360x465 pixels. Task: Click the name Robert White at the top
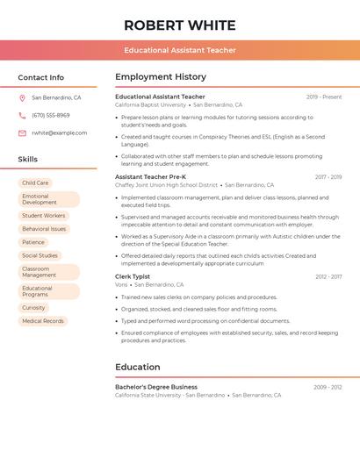pyautogui.click(x=180, y=25)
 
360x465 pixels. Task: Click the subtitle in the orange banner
pyautogui.click(x=180, y=50)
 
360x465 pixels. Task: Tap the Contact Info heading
pyautogui.click(x=41, y=77)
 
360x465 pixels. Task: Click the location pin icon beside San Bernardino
pyautogui.click(x=22, y=98)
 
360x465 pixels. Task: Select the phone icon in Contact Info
pyautogui.click(x=22, y=116)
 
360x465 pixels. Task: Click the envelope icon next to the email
pyautogui.click(x=22, y=133)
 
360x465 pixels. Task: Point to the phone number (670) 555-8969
pyautogui.click(x=50, y=116)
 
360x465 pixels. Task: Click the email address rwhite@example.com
pyautogui.click(x=59, y=133)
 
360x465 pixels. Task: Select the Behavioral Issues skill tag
pyautogui.click(x=44, y=229)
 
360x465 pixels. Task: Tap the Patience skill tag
pyautogui.click(x=33, y=242)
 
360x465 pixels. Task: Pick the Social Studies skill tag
pyautogui.click(x=40, y=256)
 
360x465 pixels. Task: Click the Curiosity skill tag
pyautogui.click(x=33, y=308)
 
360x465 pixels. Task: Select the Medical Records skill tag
pyautogui.click(x=43, y=321)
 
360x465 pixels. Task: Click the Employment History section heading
pyautogui.click(x=161, y=77)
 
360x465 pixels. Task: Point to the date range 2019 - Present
pyautogui.click(x=324, y=97)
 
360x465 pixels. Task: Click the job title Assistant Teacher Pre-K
pyautogui.click(x=150, y=177)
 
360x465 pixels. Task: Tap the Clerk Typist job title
pyautogui.click(x=133, y=276)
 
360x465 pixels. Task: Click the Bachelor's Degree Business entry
pyautogui.click(x=156, y=387)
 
